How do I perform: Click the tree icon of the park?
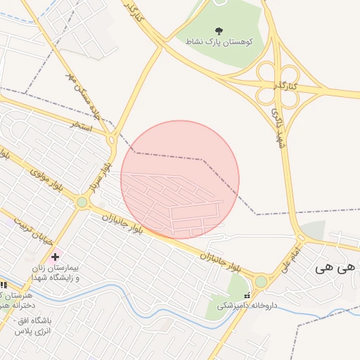(x=218, y=30)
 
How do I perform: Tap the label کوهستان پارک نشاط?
(x=218, y=42)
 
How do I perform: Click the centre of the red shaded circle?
(x=180, y=180)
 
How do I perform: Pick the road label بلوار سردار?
(x=101, y=175)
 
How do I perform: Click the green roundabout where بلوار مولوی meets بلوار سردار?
(x=82, y=202)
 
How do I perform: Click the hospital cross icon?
(x=55, y=257)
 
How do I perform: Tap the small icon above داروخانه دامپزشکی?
(x=246, y=295)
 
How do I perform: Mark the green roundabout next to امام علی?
(x=261, y=281)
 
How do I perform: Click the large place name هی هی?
(x=333, y=267)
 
